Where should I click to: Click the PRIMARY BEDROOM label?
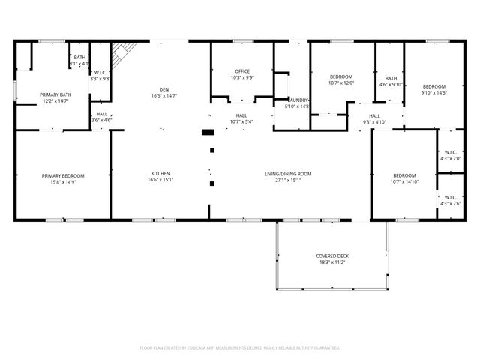63,175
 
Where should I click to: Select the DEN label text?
163,88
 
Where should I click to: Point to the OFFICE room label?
242,70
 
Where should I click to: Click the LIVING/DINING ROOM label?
288,173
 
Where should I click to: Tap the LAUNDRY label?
298,100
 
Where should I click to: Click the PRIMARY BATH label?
55,94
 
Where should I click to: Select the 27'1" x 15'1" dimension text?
288,180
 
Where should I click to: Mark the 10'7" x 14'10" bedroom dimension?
405,181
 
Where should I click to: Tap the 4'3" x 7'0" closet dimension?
451,159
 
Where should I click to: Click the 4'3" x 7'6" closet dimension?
451,203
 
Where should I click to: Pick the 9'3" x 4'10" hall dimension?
374,122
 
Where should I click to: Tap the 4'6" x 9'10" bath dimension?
391,85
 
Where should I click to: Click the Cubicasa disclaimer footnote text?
240,347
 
